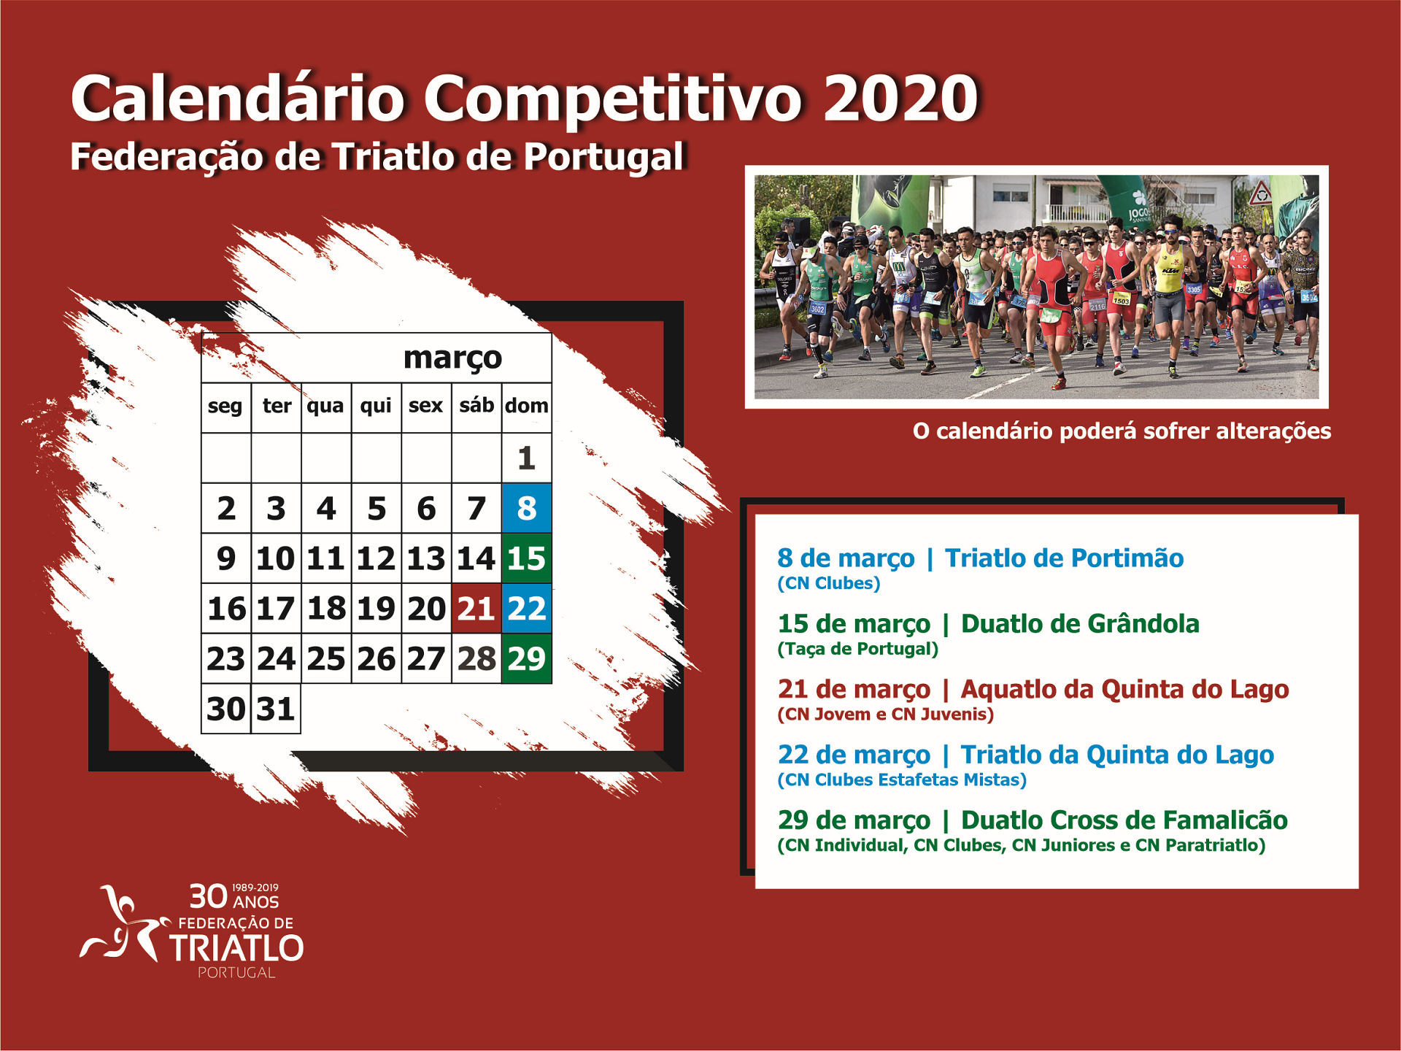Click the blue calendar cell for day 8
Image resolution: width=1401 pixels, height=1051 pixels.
pos(527,508)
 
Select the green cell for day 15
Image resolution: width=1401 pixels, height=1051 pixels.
pos(527,558)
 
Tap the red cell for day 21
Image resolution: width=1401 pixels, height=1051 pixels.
pos(476,608)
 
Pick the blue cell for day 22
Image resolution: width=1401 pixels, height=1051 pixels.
pos(527,608)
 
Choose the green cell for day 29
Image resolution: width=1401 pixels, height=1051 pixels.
pos(527,658)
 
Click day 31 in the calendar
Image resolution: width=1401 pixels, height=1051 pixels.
pos(276,709)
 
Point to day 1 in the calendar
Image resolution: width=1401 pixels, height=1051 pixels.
pos(527,458)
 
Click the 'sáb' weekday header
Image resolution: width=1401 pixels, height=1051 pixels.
pos(476,405)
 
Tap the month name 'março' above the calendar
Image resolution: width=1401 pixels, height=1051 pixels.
pos(453,358)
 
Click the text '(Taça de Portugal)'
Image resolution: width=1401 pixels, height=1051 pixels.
pos(858,649)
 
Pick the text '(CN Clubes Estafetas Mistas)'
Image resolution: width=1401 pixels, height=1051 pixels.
pos(902,779)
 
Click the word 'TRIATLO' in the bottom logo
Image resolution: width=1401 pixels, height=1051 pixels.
pos(236,948)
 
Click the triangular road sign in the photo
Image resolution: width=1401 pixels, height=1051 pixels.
pos(1259,194)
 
